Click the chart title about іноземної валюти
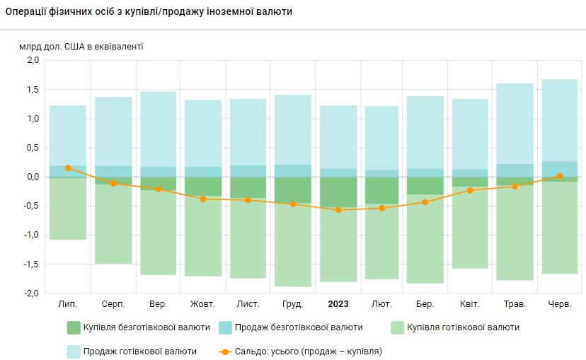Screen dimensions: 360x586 [149, 13]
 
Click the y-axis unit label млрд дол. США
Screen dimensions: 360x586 [81, 47]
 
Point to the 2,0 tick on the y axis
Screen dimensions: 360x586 [33, 61]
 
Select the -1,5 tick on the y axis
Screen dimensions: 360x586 [31, 264]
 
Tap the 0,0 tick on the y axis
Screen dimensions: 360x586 [33, 177]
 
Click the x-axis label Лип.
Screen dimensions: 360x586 [68, 304]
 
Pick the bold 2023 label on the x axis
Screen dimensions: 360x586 [338, 304]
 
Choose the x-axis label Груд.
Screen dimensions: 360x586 [292, 304]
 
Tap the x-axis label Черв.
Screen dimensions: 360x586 [560, 304]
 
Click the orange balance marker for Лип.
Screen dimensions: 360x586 [68, 168]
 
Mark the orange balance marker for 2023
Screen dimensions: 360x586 [338, 210]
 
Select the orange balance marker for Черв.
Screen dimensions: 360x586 [560, 176]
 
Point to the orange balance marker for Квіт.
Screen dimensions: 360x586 [470, 190]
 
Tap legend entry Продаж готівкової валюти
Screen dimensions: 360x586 [139, 351]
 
